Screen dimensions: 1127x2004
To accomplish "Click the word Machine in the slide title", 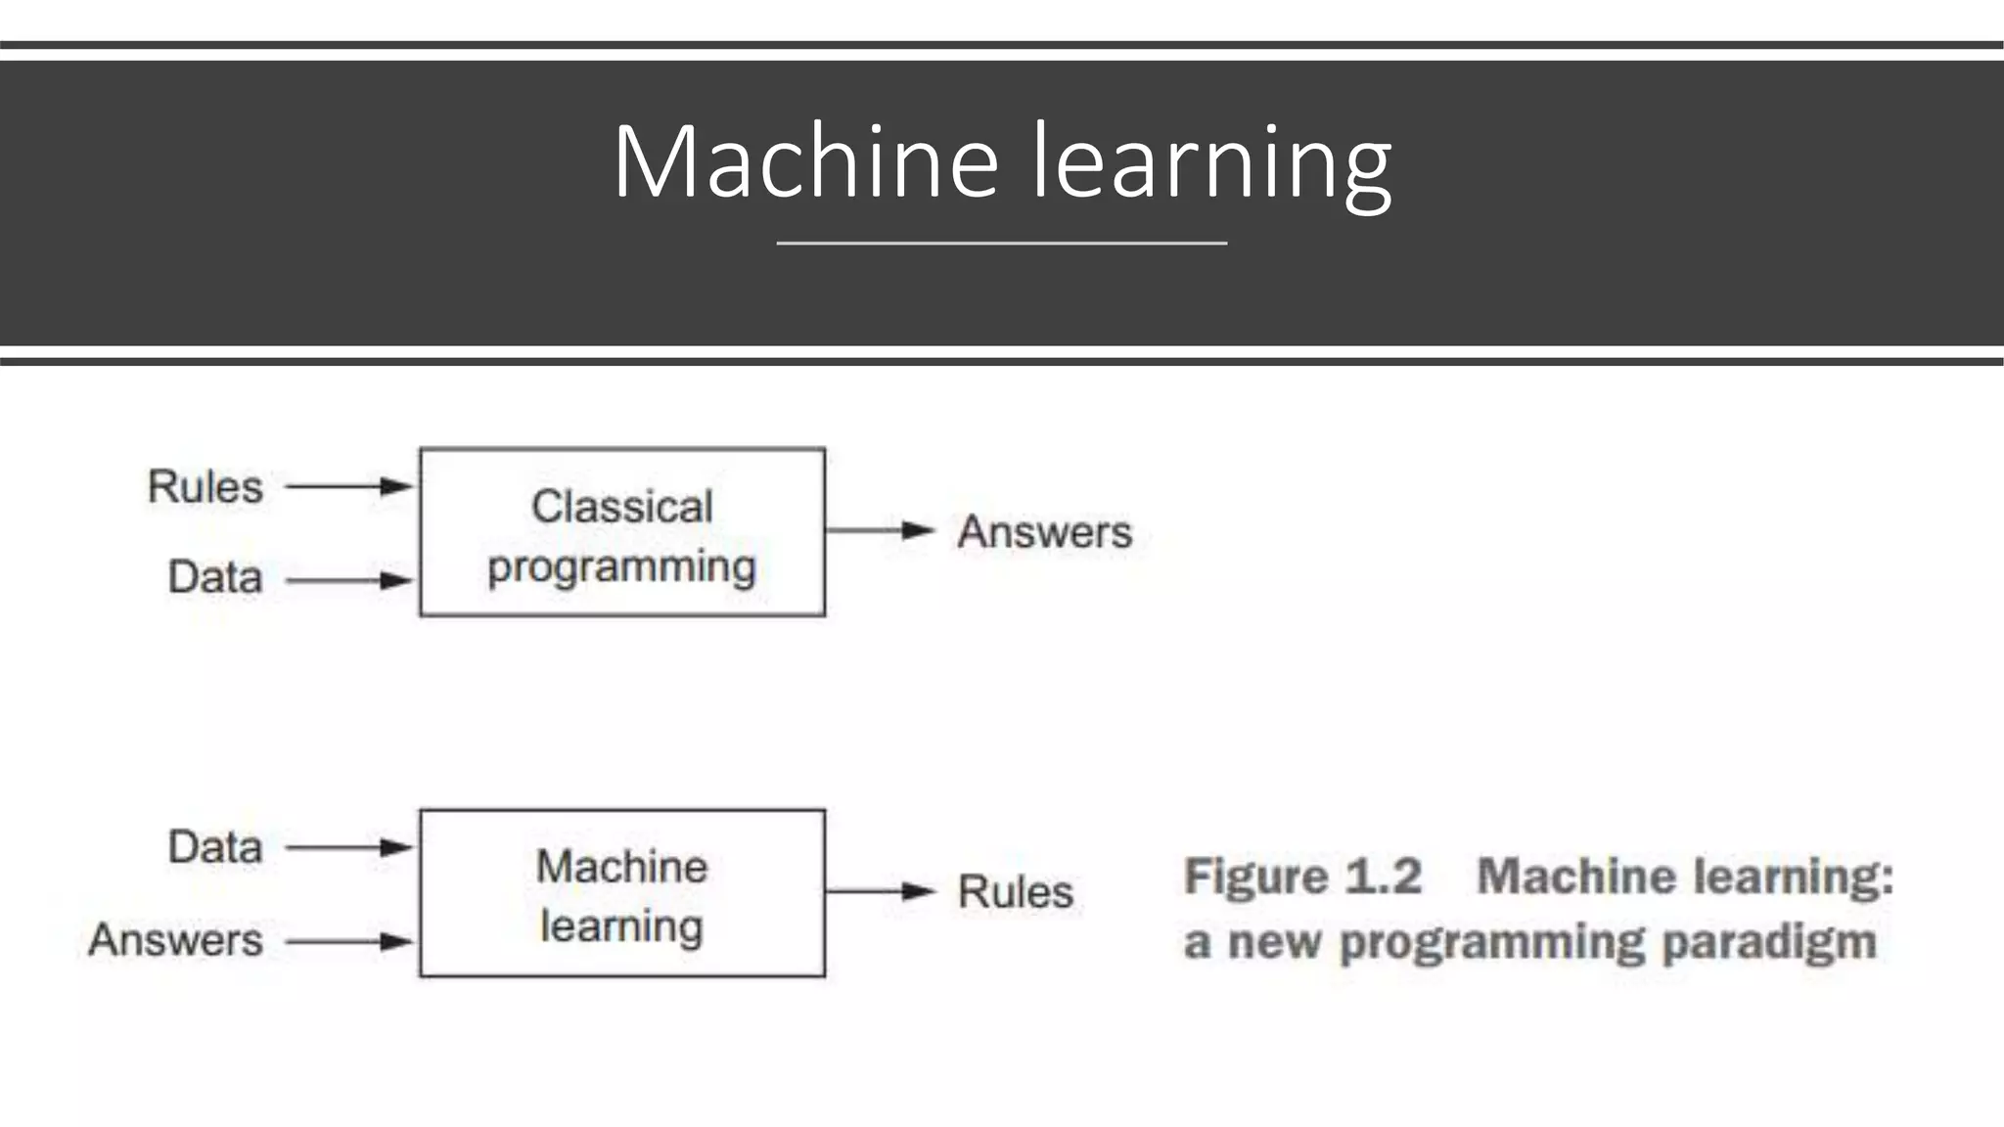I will click(805, 161).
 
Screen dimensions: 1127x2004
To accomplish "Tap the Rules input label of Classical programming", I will click(205, 486).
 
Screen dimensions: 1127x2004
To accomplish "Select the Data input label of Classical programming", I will click(215, 577).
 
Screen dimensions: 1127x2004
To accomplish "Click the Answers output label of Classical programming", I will click(1044, 532).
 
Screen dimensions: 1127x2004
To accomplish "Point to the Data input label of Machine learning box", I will click(215, 847).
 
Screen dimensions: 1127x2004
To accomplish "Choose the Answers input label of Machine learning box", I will click(176, 940).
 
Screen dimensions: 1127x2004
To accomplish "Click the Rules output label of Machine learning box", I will click(1016, 892).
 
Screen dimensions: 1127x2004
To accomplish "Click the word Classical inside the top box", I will click(622, 507).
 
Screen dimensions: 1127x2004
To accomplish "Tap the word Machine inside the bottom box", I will click(622, 867).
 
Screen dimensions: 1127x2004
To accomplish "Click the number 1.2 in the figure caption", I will click(1384, 876).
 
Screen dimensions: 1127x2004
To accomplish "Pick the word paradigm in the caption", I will click(1769, 942).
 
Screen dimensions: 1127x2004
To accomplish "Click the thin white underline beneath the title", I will click(1001, 243).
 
